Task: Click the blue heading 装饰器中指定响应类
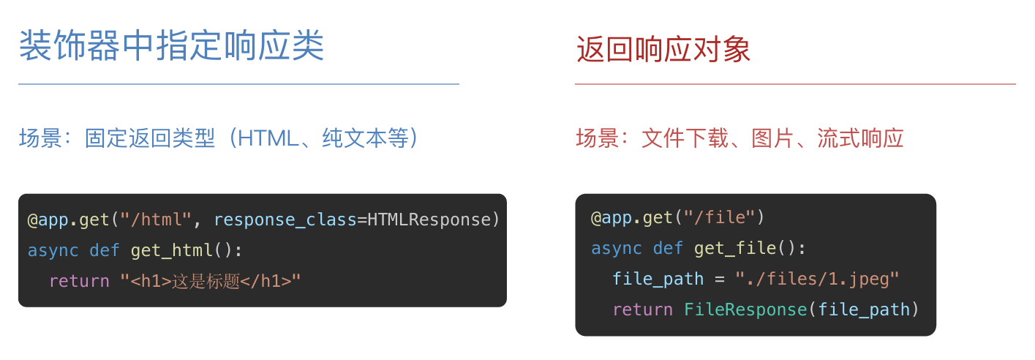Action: coord(171,47)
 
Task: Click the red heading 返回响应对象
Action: coord(663,50)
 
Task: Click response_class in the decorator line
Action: coord(285,220)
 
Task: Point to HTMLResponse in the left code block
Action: coord(428,220)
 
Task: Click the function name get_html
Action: coord(172,250)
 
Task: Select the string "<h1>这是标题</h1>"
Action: coord(211,281)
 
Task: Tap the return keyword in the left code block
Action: coord(79,281)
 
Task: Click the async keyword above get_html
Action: coord(53,250)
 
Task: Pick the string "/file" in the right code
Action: coord(715,217)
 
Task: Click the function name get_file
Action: coord(735,248)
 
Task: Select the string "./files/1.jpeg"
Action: coord(817,279)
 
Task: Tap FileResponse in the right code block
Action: coord(745,310)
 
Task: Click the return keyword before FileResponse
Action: coord(642,310)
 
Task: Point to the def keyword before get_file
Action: coord(668,248)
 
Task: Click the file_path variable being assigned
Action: coord(658,279)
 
